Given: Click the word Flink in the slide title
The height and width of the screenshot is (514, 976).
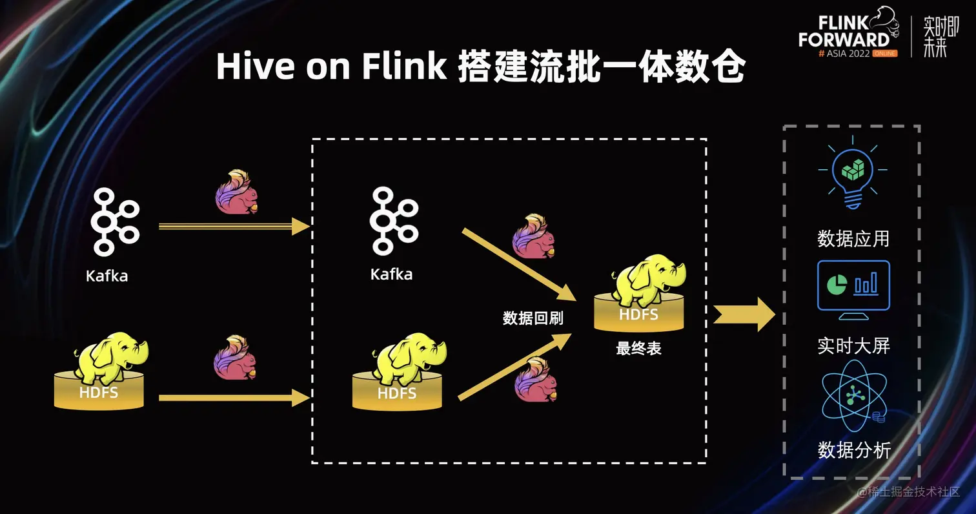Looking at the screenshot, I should point(403,67).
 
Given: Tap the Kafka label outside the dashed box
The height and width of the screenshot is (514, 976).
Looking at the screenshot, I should point(107,276).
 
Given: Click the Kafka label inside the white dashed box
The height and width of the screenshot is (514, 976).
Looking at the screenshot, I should point(391,274).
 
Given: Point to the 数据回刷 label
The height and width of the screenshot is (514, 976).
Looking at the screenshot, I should point(533,318).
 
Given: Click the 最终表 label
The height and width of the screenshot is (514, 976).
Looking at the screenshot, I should point(638,349).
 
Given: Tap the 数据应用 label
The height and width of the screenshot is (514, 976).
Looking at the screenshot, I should point(853,239).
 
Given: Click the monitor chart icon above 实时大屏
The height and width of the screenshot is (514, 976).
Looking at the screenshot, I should point(853,289).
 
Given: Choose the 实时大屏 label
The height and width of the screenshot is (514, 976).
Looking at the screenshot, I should point(853,346).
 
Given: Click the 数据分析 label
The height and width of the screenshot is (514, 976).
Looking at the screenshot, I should point(853,450).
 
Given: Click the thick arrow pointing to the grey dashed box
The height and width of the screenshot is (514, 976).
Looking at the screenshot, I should point(744,315).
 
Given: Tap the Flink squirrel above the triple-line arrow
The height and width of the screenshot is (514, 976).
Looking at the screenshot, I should point(236,192).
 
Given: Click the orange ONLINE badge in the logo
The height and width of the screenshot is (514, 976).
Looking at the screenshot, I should point(884,54).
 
